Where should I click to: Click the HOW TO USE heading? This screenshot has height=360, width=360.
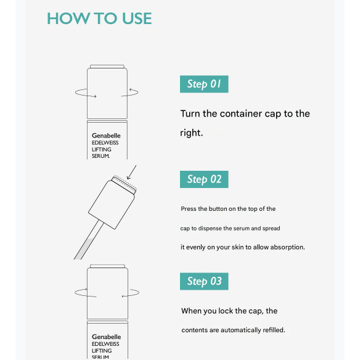tap(99, 18)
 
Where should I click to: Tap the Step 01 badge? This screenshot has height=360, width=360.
tap(204, 84)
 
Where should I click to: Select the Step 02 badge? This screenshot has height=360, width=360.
tap(204, 179)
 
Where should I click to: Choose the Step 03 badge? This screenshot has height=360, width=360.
tap(204, 281)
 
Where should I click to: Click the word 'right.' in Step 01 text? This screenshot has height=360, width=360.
tap(192, 133)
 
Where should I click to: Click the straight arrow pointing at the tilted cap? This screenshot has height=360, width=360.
tap(131, 172)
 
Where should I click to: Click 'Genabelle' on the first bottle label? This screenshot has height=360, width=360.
tap(106, 136)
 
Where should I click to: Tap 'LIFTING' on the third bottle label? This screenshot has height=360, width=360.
tap(102, 351)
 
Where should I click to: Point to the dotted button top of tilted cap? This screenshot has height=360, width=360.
tap(124, 184)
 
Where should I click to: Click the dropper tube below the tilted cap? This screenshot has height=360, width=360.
tap(88, 240)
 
